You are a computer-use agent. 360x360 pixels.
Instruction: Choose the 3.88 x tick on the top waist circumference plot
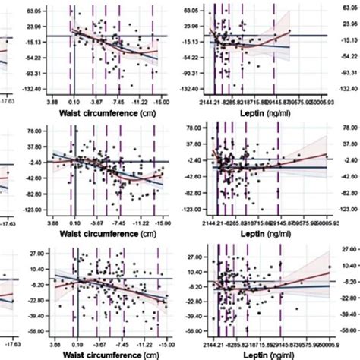52,100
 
